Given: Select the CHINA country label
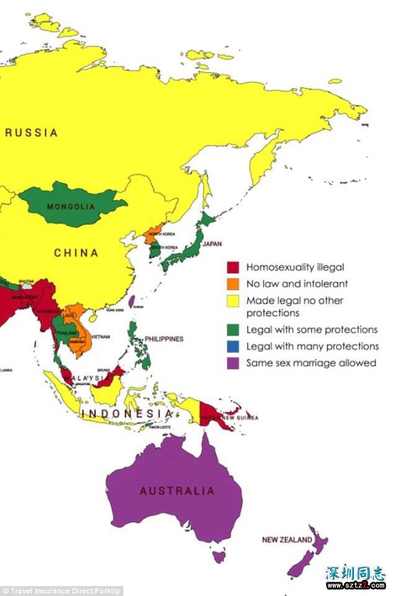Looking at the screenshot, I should [76, 253].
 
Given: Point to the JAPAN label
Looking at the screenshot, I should [212, 244].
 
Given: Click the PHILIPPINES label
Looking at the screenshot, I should [164, 339].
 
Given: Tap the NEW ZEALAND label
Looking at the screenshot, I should [286, 540].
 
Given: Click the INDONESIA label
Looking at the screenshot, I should [126, 413].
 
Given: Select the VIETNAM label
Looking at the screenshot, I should [100, 336].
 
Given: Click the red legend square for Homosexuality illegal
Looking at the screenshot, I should [232, 268].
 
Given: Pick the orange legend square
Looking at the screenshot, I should [232, 284].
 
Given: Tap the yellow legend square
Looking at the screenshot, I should [232, 300].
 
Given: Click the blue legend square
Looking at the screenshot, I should [232, 346].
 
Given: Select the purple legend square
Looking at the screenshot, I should [232, 363].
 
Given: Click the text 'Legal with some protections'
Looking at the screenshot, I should [312, 330].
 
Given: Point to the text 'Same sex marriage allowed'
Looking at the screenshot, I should [311, 363].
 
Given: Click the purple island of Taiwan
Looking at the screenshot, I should [131, 301].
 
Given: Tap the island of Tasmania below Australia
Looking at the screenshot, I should [218, 557].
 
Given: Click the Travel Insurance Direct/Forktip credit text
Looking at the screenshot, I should [62, 590].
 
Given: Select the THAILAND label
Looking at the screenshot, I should [63, 333].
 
